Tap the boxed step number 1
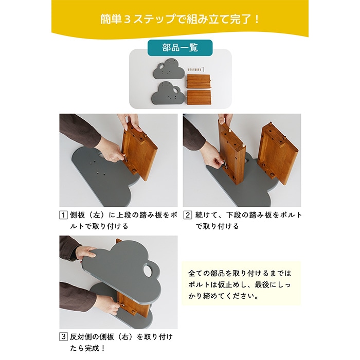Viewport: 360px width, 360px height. point(63,215)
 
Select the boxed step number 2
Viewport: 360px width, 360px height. point(188,215)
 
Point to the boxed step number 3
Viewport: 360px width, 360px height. point(63,337)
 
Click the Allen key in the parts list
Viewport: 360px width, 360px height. point(202,69)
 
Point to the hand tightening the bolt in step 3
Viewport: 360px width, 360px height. point(105,304)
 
